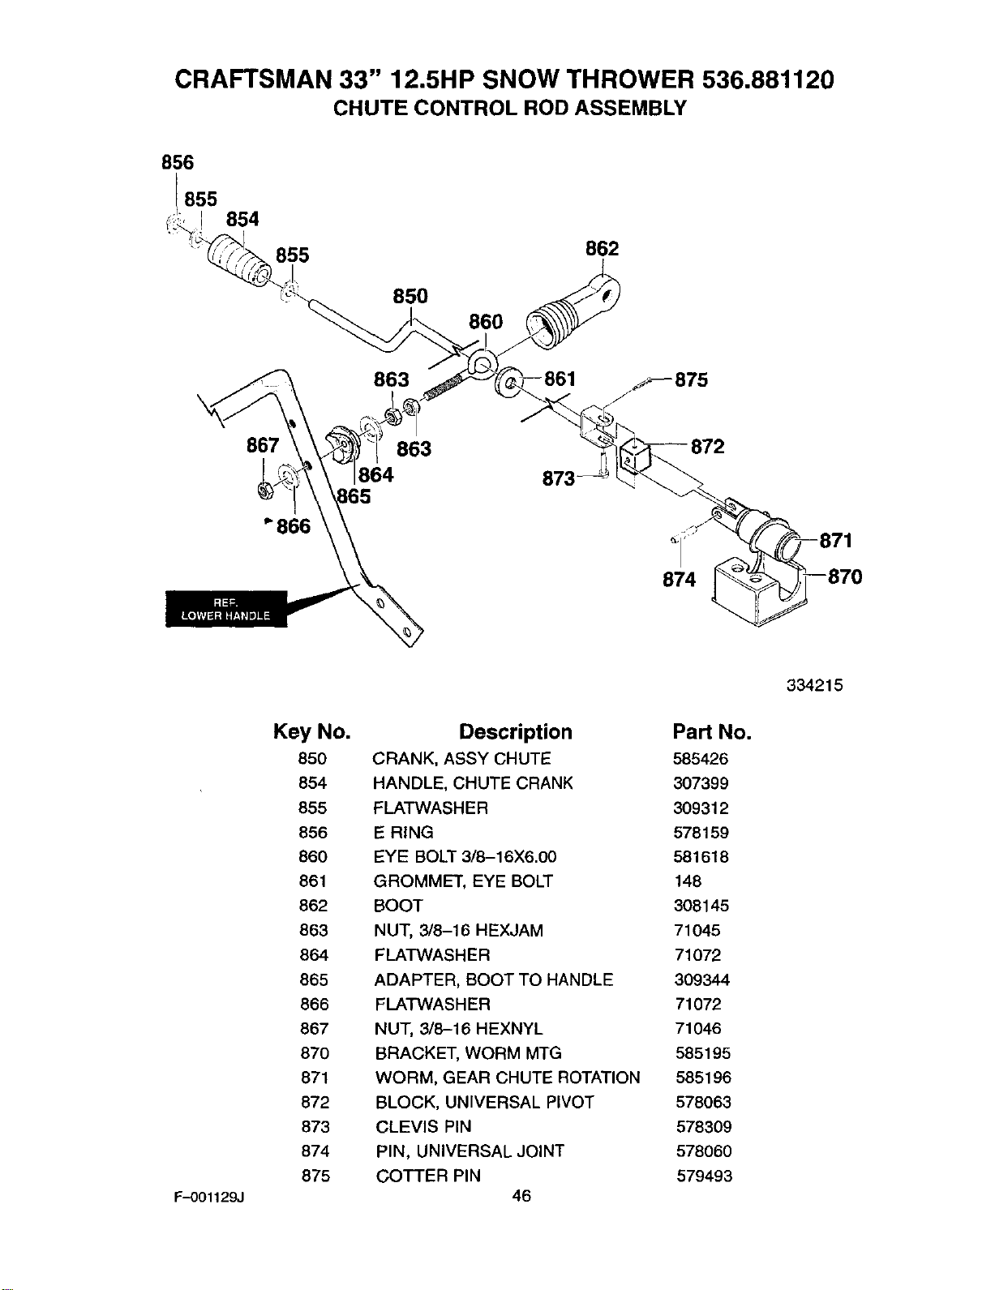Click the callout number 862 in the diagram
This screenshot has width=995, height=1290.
click(602, 249)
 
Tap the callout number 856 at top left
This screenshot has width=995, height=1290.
click(178, 163)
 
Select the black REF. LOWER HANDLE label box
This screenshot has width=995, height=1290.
click(226, 609)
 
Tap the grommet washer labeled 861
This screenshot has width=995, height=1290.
click(508, 380)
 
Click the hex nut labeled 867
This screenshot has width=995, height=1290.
click(264, 491)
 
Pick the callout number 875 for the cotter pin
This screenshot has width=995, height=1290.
click(692, 380)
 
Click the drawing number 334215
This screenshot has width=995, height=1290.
click(814, 686)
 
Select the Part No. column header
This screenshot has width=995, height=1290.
click(712, 732)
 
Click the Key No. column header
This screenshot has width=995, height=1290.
click(312, 731)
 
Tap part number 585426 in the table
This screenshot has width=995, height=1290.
click(701, 759)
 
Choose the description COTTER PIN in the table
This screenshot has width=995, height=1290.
click(428, 1176)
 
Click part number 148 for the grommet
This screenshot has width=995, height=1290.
click(688, 881)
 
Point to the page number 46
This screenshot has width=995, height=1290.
click(521, 1196)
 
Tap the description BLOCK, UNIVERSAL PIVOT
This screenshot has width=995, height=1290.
click(484, 1103)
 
